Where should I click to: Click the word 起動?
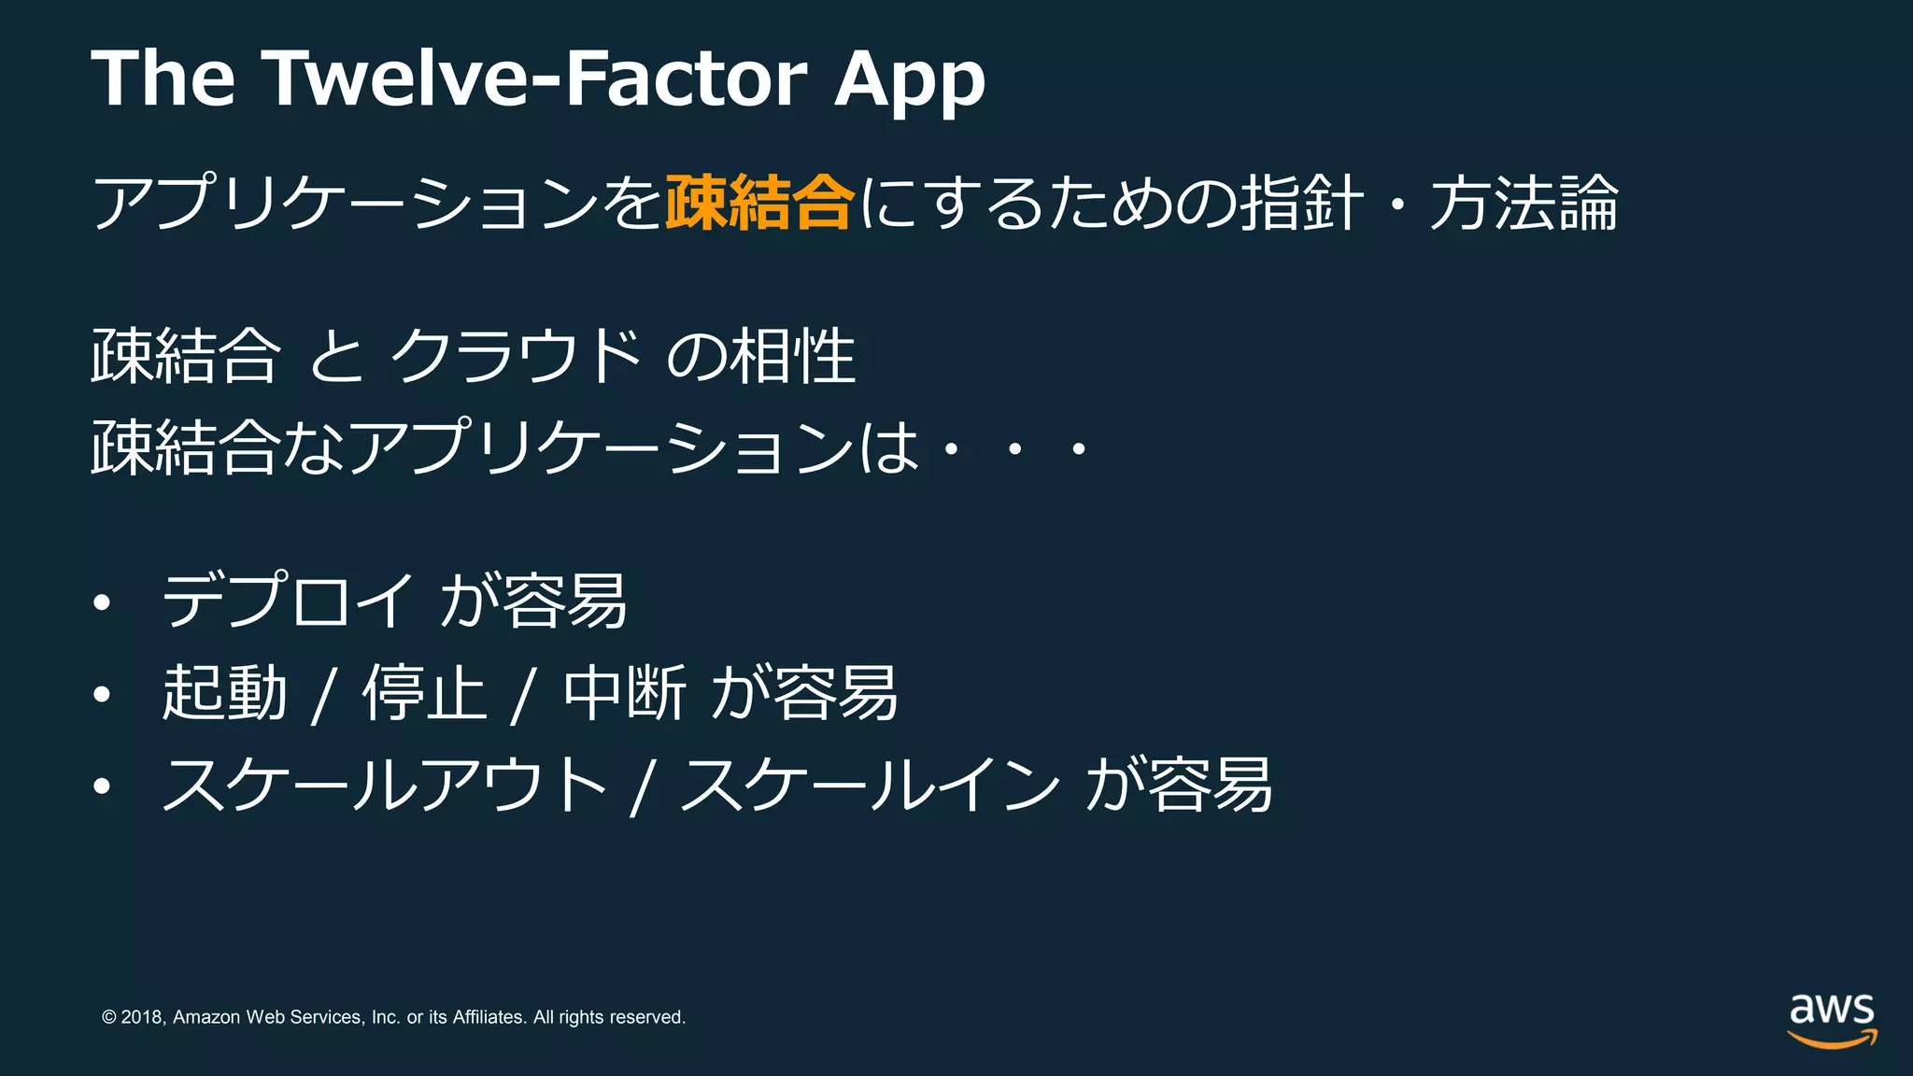point(224,693)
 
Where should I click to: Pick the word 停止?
point(425,693)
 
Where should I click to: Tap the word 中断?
point(625,693)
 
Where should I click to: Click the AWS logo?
point(1832,1020)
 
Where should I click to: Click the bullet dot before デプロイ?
point(102,603)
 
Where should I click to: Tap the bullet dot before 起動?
point(102,695)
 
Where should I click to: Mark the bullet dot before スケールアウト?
point(102,786)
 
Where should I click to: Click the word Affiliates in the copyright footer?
point(489,1017)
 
